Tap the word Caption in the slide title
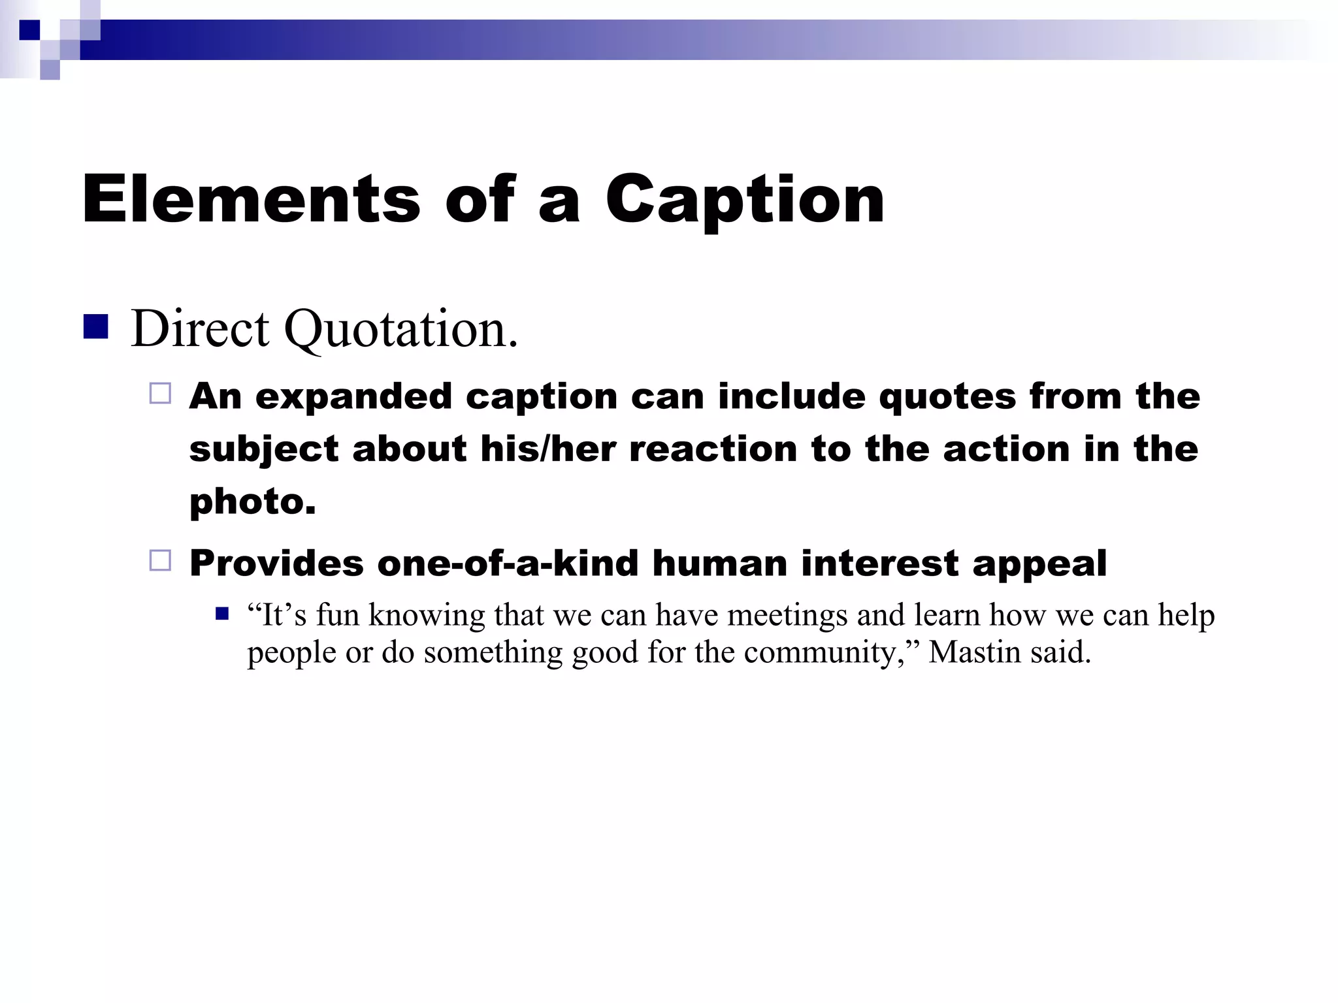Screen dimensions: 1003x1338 coord(745,199)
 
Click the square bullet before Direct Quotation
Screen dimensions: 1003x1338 coord(95,327)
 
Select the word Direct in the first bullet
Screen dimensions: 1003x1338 coord(200,328)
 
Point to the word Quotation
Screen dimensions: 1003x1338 coord(400,328)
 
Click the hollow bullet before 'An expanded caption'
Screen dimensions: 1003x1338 coord(160,393)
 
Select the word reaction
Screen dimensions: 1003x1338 coord(713,449)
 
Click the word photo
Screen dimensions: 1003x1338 coord(252,501)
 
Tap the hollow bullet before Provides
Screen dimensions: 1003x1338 coord(160,560)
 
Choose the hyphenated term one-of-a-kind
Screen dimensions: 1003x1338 coord(508,563)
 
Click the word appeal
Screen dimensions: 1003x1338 coord(1039,563)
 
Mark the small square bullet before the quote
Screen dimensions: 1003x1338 coord(222,614)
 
